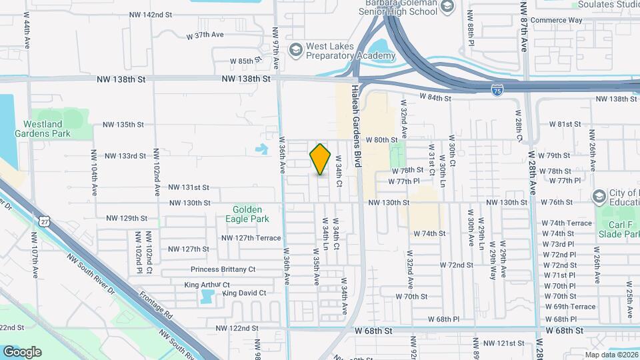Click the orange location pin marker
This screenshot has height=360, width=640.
pos(321,159)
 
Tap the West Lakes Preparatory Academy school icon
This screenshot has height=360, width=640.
pos(295,50)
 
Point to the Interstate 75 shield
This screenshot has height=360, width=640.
pos(498,91)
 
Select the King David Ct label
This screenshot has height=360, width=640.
pos(245,293)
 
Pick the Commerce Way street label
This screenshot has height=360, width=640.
pos(556,20)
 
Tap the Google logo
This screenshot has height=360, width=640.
pos(22,351)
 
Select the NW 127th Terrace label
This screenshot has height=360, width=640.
pos(251,238)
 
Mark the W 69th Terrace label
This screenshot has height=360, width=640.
pos(569,307)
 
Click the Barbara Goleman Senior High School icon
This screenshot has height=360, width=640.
pos(447,7)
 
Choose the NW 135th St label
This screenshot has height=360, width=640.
pos(123,124)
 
